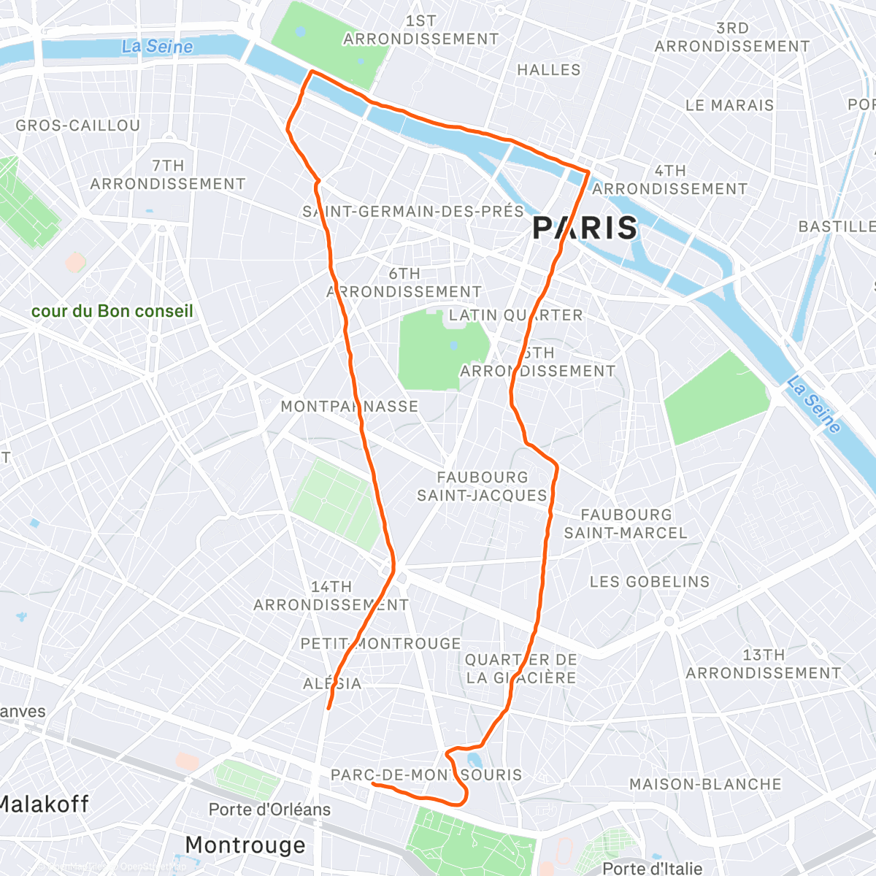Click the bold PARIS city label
pos(585,228)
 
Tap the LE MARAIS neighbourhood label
pos(729,105)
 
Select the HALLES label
pos(549,70)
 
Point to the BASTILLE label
pos(836,226)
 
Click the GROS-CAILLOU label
pos(78,126)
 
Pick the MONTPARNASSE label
pos(350,407)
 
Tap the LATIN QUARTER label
pos(515,315)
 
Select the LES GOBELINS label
pos(650,582)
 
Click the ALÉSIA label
pos(332,683)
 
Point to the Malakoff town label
pos(44,804)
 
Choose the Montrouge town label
pos(245,845)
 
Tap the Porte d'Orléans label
pos(269,810)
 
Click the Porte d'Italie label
pos(652,868)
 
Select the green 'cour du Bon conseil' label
pos(112,311)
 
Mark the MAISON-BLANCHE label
pos(705,784)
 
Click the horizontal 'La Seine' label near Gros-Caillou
pos(158,47)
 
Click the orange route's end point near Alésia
pos(328,707)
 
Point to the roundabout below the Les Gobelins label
pos(668,621)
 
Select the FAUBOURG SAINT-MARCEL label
pos(626,523)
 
